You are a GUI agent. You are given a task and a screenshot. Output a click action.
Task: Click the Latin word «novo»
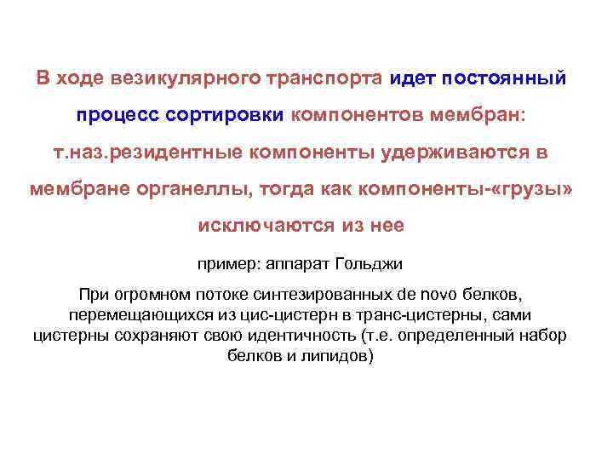(434, 296)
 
